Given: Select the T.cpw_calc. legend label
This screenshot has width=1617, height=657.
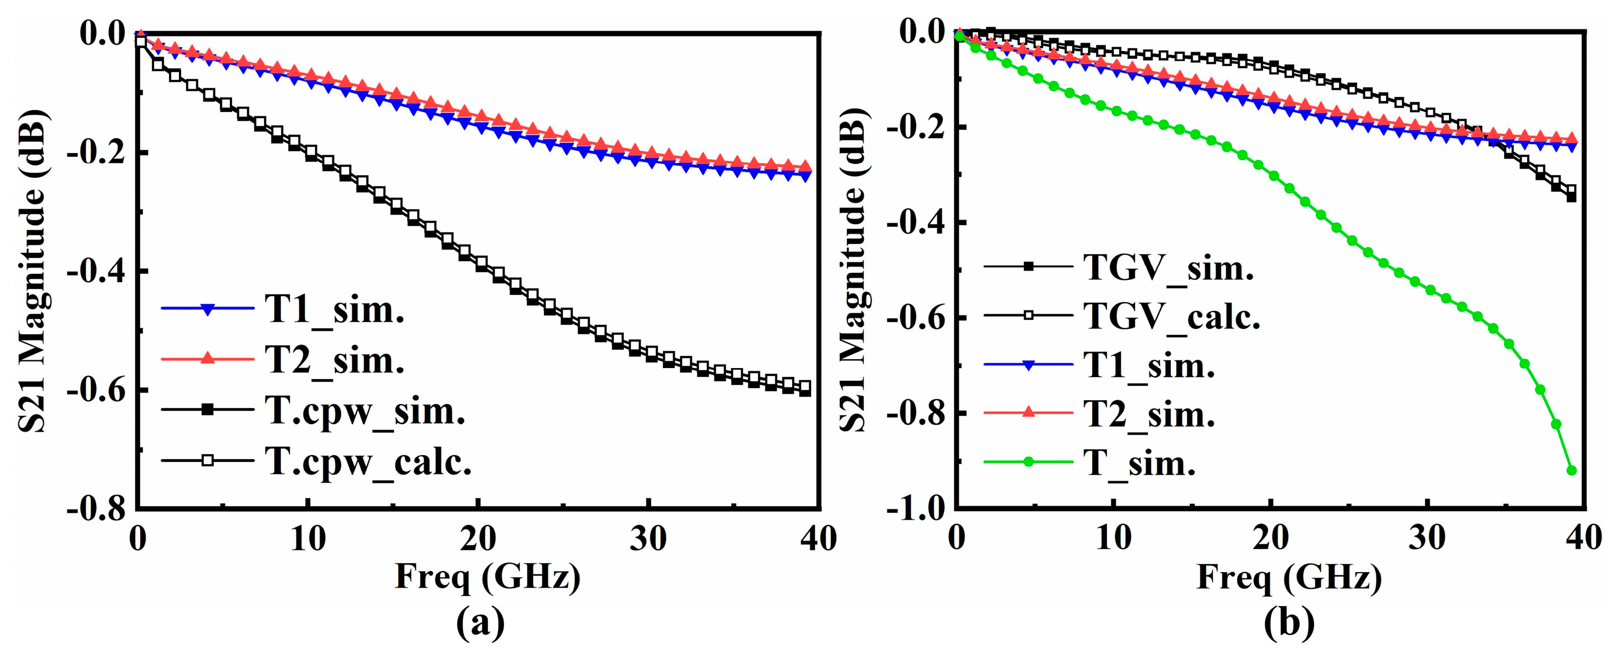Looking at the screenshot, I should point(368,462).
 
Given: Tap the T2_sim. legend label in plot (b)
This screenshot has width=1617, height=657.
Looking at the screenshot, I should point(1149,415).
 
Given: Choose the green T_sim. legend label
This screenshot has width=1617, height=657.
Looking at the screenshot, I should point(1139,464).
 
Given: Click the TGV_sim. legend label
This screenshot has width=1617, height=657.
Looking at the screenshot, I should point(1168,268).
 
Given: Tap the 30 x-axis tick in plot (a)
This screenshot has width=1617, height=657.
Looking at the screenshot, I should point(648,539).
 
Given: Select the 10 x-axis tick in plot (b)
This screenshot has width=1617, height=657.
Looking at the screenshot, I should point(1113,539).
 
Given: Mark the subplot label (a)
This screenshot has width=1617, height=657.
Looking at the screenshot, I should point(480,623).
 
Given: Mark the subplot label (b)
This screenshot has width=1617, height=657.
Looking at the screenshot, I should point(1289,623).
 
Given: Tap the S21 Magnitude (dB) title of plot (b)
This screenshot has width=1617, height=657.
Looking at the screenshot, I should point(853,270).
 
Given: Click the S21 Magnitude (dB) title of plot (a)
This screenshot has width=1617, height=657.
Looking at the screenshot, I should point(32,270).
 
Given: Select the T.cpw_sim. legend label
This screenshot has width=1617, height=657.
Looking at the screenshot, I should point(365,411).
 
